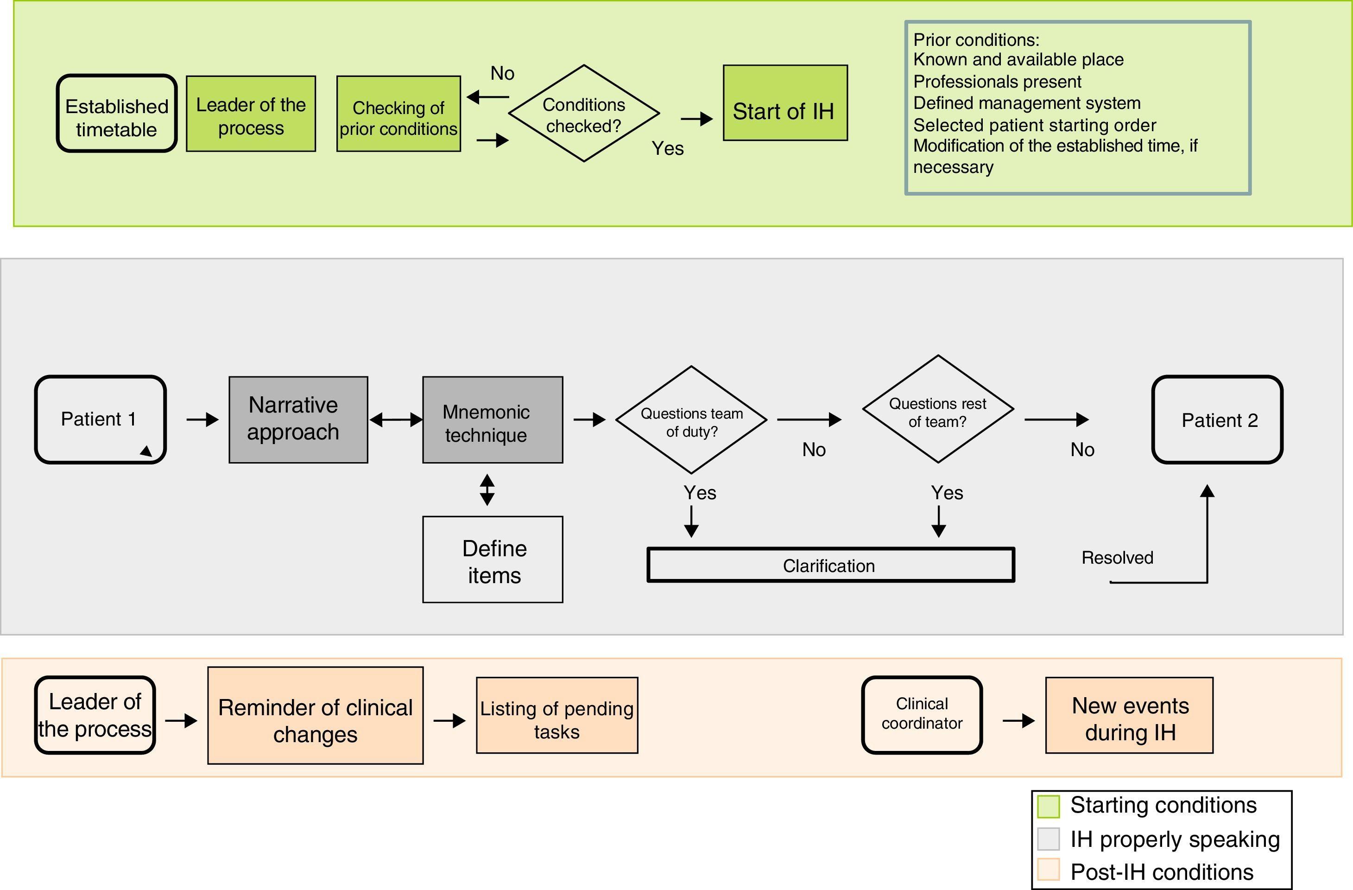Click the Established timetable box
tap(117, 114)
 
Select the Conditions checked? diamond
tap(584, 114)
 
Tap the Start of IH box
tap(785, 103)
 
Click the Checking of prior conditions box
tap(398, 114)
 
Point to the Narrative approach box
tap(298, 420)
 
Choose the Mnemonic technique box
tap(492, 420)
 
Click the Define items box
tap(492, 559)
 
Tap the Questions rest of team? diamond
tap(938, 409)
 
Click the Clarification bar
tap(830, 565)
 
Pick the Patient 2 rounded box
tap(1217, 420)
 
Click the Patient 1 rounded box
tap(100, 420)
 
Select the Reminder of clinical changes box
tap(315, 715)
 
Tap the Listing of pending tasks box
tap(556, 715)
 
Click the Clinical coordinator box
tap(922, 715)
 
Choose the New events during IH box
tap(1129, 715)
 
